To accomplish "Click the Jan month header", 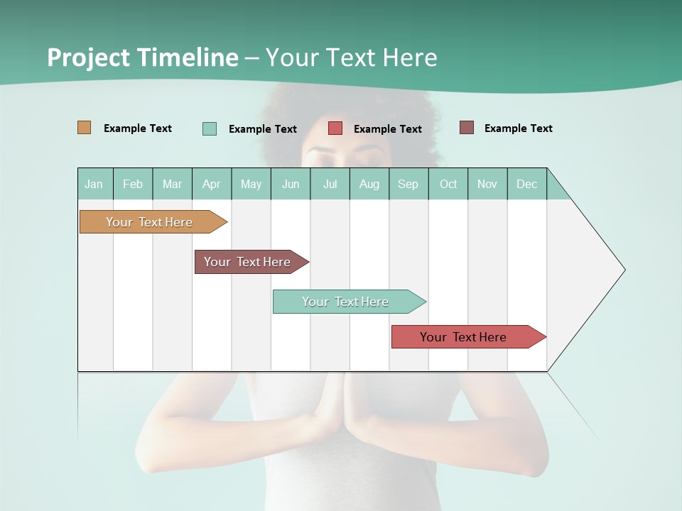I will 94,184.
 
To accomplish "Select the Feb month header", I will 133,184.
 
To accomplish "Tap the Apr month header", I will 211,184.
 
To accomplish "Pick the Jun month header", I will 291,184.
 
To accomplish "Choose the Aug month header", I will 369,184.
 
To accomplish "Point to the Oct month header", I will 448,184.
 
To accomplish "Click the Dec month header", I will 526,184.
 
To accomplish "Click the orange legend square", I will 85,128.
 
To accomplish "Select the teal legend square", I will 210,128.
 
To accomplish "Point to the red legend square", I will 335,128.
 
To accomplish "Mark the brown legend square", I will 467,128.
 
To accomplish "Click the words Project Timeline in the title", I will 142,57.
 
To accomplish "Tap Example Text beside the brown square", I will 518,128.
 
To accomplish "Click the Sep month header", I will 408,184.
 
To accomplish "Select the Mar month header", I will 172,184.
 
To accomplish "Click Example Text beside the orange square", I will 138,128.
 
